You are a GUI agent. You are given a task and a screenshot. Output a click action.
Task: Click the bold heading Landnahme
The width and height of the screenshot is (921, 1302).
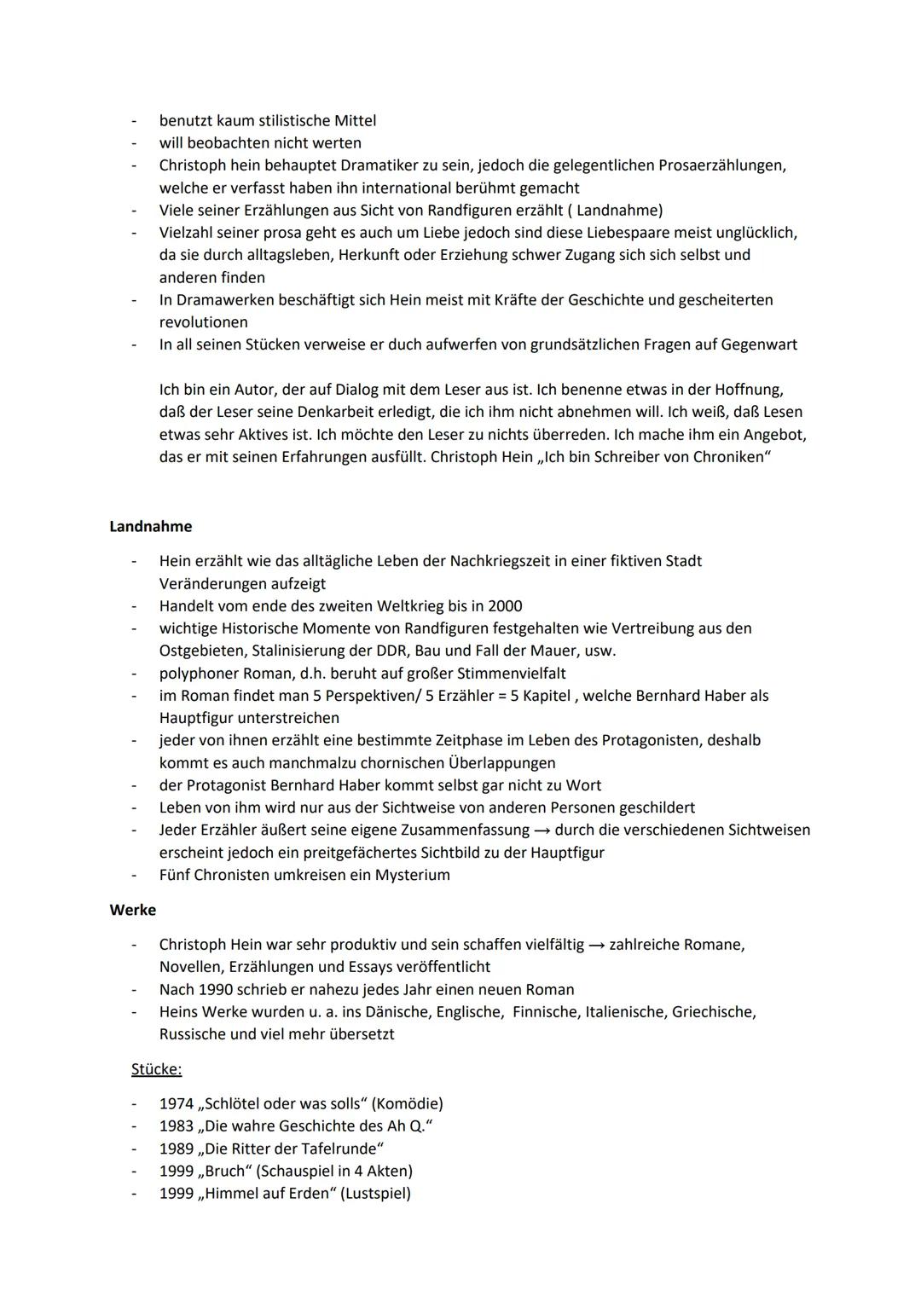click(x=150, y=527)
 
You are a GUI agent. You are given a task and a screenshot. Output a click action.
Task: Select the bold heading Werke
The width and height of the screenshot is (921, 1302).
click(x=132, y=910)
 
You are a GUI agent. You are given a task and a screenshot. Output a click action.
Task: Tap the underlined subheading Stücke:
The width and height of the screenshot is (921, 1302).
click(x=156, y=1069)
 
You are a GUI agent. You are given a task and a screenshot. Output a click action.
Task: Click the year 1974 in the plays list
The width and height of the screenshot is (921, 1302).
click(x=177, y=1103)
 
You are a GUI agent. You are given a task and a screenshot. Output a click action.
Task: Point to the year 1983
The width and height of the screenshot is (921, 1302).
click(x=177, y=1126)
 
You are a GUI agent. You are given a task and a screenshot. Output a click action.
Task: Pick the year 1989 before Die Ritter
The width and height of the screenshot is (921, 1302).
click(x=177, y=1149)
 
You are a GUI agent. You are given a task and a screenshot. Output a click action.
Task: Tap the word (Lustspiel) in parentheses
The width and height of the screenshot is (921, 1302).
click(x=375, y=1193)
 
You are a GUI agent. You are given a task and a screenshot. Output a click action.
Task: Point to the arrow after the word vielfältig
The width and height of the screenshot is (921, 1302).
click(x=600, y=945)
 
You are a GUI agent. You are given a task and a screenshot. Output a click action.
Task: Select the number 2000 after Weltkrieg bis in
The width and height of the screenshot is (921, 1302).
click(x=505, y=606)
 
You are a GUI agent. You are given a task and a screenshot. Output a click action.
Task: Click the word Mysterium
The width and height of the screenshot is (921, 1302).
click(x=412, y=875)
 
